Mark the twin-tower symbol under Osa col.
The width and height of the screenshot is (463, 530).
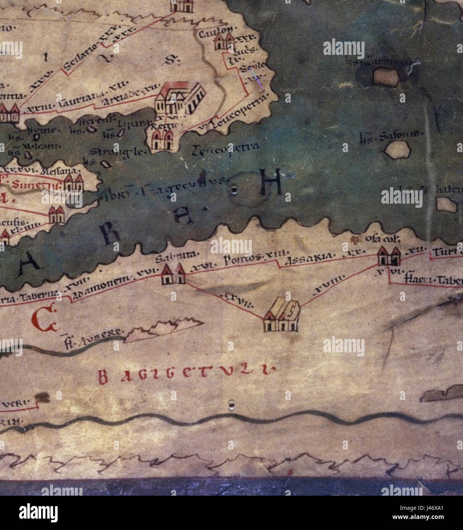click(389, 256)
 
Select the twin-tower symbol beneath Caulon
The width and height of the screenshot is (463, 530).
click(223, 42)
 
